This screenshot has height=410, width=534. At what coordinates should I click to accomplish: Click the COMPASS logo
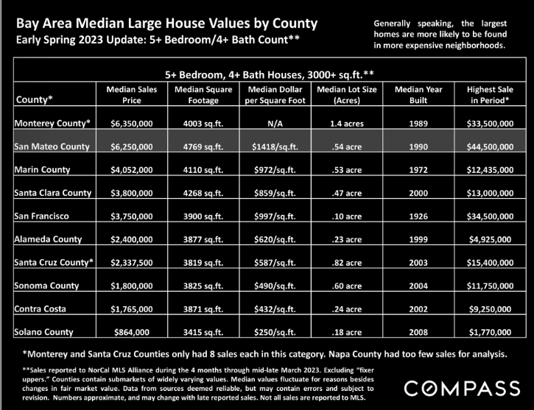[462, 389]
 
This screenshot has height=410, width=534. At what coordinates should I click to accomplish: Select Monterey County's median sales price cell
[131, 124]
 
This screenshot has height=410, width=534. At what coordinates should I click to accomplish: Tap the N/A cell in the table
[275, 124]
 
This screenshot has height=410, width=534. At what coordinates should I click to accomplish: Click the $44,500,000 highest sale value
[490, 146]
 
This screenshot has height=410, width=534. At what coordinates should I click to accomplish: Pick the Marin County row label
[42, 169]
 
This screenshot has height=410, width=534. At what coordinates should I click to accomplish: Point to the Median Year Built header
[418, 95]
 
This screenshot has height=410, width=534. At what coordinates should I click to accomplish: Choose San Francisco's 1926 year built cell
[418, 216]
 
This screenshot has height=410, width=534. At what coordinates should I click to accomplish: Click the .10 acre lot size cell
[347, 216]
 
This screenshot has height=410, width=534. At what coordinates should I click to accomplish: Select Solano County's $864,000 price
[131, 332]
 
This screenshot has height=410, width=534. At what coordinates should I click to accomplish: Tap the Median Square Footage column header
[203, 95]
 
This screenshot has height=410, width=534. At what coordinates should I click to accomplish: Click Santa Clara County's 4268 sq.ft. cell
[203, 193]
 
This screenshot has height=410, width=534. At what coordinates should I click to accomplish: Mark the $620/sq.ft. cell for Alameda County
[275, 239]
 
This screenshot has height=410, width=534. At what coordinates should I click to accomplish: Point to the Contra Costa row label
[41, 308]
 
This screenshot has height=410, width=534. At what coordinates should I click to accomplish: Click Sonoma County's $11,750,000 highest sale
[490, 286]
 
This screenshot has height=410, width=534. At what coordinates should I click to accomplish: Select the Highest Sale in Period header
[490, 95]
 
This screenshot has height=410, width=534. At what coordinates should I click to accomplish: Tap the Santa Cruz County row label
[54, 262]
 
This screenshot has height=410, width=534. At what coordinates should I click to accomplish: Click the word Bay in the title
[25, 24]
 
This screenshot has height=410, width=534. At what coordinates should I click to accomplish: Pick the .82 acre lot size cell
[347, 262]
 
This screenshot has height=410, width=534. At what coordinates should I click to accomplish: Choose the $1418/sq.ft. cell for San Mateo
[275, 146]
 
